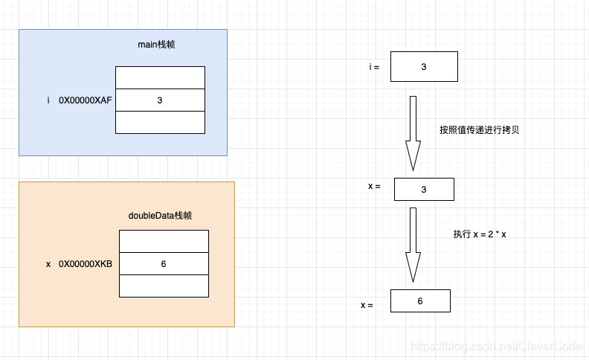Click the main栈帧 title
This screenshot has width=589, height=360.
point(156,45)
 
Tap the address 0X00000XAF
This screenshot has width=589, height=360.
point(86,100)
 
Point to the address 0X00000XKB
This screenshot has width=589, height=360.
point(86,264)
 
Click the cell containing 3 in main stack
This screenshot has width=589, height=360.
point(160,100)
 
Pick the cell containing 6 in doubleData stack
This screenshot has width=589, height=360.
point(164,264)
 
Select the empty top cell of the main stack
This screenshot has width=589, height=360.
point(160,77)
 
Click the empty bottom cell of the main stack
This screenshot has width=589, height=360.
point(160,122)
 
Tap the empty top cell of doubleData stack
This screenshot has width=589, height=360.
point(164,241)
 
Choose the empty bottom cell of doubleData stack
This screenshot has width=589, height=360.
point(164,286)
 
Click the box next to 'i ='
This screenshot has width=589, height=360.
point(424,67)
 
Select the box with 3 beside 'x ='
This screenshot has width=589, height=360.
point(424,190)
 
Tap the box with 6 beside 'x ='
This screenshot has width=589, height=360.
point(420,301)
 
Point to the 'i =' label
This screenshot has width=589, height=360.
point(374,67)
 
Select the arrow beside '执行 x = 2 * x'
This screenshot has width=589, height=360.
point(413,245)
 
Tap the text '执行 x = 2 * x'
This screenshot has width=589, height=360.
point(480,234)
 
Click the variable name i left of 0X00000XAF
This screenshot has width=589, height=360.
point(48,100)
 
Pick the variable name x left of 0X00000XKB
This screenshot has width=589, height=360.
point(48,264)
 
